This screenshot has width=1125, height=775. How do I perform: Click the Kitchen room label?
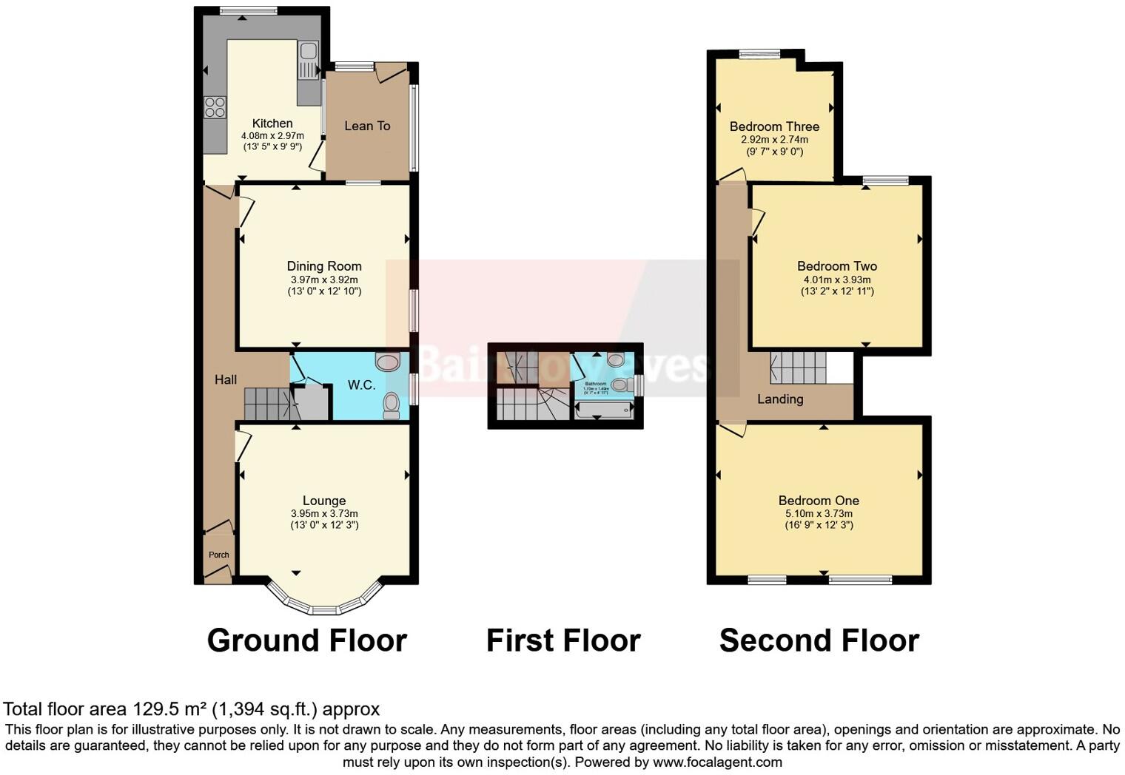[x=272, y=123]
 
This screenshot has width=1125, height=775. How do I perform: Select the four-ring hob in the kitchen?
[x=215, y=107]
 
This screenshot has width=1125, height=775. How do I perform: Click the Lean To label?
[x=367, y=126]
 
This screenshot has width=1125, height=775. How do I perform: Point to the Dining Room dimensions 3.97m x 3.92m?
[x=324, y=280]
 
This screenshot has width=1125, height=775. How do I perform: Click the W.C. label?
[x=362, y=385]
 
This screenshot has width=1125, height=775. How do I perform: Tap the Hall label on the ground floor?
[x=226, y=379]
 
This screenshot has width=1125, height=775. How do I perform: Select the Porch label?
[x=218, y=555]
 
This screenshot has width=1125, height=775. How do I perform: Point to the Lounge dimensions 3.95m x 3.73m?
[x=324, y=514]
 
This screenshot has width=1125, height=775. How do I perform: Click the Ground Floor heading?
[x=306, y=640]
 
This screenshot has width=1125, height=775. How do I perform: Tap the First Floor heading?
[x=563, y=640]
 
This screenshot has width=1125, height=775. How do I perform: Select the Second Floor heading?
[x=819, y=640]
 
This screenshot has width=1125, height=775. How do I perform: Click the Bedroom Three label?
[x=774, y=126]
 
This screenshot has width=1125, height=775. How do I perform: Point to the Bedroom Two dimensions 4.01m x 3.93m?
[x=837, y=280]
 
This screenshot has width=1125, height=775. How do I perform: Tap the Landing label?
[x=780, y=399]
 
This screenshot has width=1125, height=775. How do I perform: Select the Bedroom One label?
[x=819, y=501]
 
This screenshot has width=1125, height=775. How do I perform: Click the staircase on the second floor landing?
[x=798, y=368]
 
